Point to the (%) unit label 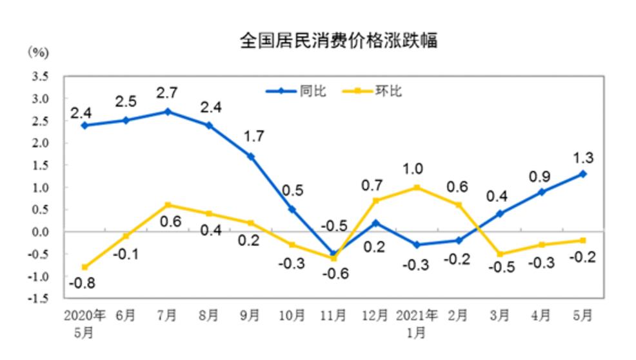37,52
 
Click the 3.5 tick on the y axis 39,76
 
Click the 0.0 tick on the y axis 39,232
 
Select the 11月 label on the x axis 333,316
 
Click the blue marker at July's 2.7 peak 167,112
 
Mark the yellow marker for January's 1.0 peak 416,187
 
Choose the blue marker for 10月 292,209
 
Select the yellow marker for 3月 500,254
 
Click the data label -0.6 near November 333,274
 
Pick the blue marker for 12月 375,223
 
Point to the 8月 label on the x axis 208,316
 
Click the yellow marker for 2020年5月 84,267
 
